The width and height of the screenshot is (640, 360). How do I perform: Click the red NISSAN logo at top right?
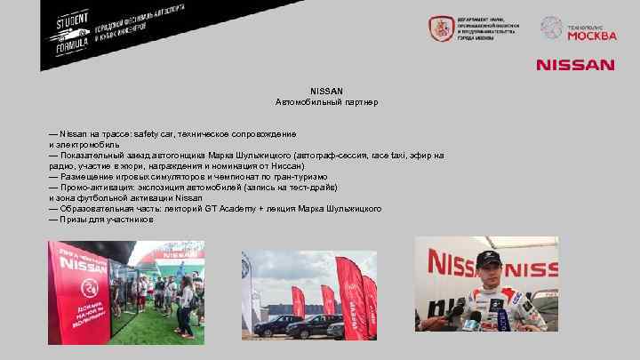coord(574,65)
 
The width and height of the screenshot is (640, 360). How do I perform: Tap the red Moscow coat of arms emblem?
coord(440,29)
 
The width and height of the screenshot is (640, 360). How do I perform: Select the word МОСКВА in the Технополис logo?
coord(591,36)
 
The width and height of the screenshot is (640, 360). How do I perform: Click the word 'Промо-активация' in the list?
coord(92,187)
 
